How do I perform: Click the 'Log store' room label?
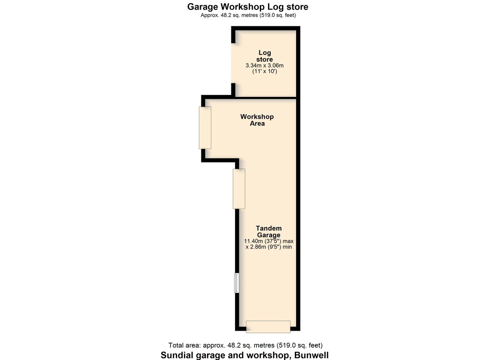(x=264, y=56)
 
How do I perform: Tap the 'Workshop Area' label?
(x=257, y=120)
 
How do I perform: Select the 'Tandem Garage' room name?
(x=269, y=231)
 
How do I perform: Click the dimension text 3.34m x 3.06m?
(x=264, y=66)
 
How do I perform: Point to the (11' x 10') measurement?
(x=264, y=71)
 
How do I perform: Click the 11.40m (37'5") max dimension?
(x=269, y=241)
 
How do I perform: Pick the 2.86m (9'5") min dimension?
(x=269, y=247)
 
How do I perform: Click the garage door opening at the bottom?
(x=268, y=327)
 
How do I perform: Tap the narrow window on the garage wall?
(x=237, y=283)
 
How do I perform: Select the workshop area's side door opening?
(x=205, y=128)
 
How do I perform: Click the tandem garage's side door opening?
(x=239, y=189)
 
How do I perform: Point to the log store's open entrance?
(x=233, y=63)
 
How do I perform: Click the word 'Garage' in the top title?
(x=203, y=7)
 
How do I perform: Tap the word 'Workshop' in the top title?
(x=243, y=7)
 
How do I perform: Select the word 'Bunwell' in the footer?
(x=311, y=355)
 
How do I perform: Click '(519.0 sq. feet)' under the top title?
(x=278, y=15)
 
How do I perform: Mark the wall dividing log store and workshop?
(x=265, y=97)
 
